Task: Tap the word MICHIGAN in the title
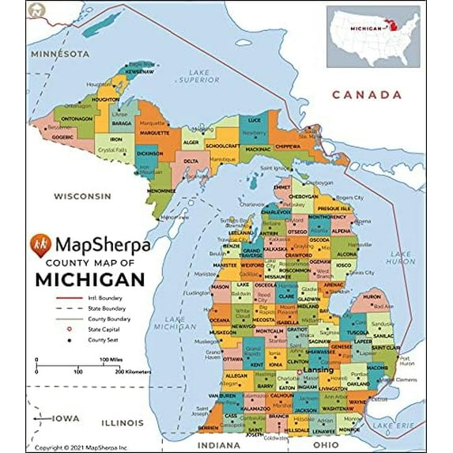(89, 279)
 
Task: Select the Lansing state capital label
(319, 369)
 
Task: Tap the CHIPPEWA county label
(287, 146)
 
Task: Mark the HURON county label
(372, 296)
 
